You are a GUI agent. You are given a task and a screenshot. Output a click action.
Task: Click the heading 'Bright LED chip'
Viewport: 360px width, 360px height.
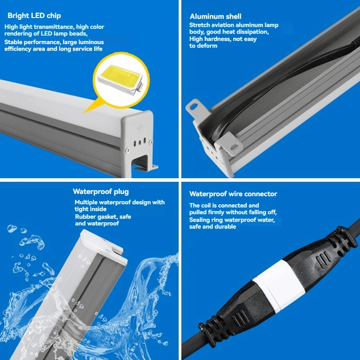pos(34,16)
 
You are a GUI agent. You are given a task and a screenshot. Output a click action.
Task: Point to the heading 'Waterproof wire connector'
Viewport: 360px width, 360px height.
pos(233,194)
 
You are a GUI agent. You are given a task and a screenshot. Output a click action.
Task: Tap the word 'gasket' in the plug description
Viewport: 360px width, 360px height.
pos(105,217)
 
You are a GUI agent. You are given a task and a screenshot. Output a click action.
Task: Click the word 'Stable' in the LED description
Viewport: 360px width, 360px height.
pos(13,42)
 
